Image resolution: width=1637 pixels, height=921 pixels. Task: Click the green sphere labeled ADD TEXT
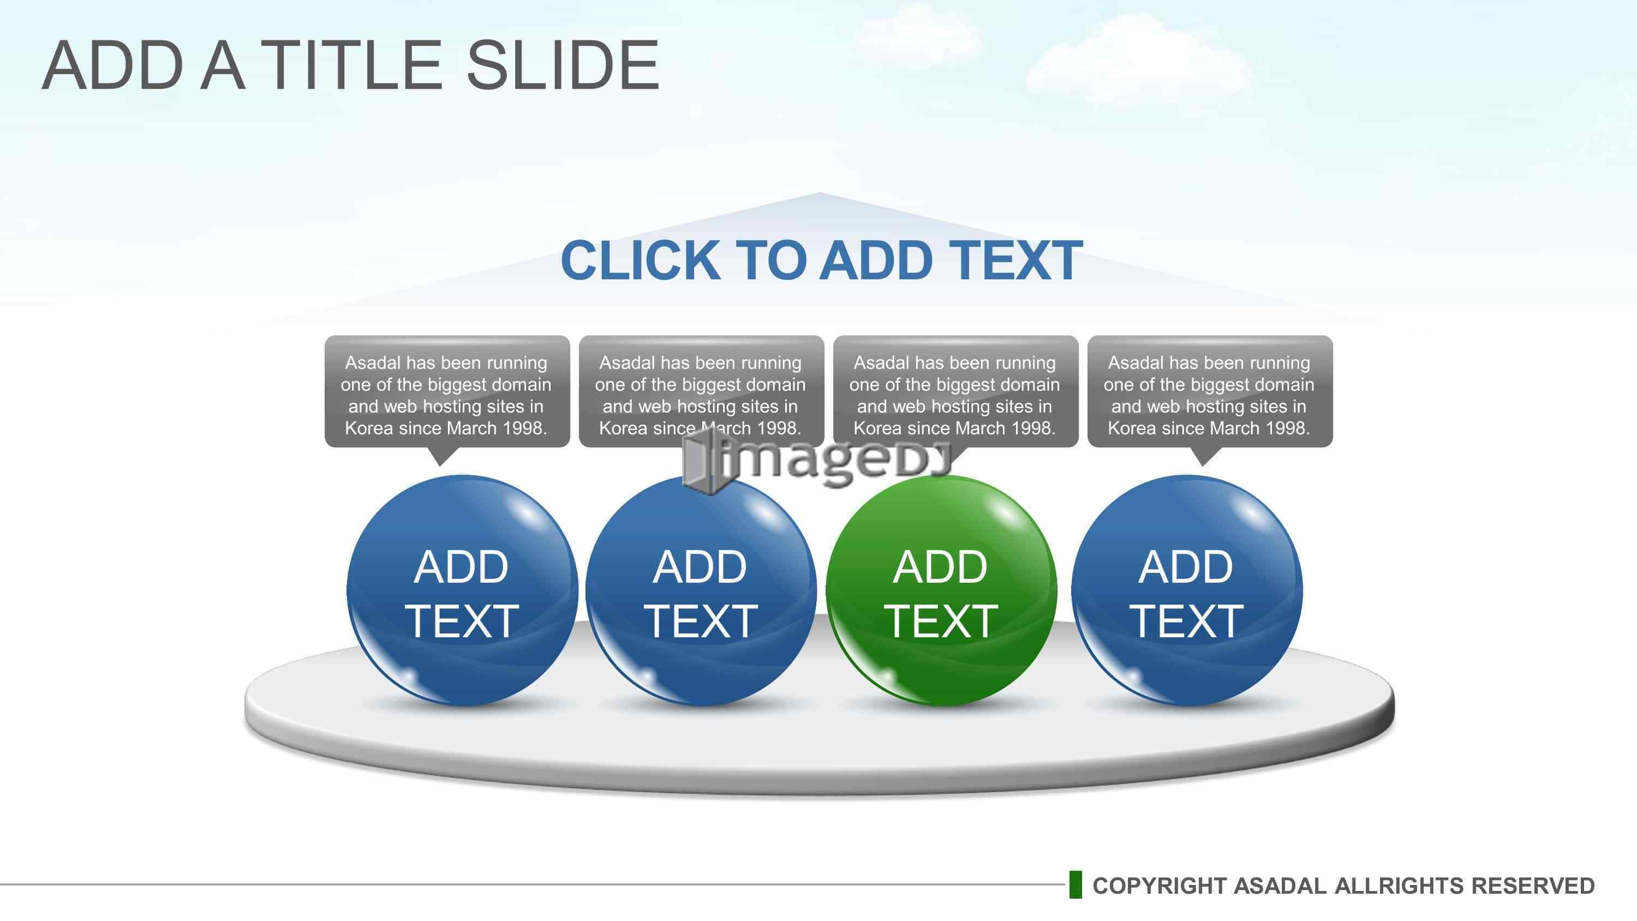click(x=941, y=591)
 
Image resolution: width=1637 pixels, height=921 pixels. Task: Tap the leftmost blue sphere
click(x=462, y=591)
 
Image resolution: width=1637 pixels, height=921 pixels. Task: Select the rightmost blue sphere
click(x=1186, y=591)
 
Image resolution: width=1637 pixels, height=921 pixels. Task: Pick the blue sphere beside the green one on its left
click(x=701, y=591)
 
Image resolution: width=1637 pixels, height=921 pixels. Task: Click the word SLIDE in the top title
click(x=563, y=65)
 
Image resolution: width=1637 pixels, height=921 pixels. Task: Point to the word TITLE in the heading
click(x=351, y=65)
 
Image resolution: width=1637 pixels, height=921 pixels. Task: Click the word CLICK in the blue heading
click(x=641, y=261)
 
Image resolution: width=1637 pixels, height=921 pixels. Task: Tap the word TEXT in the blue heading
click(x=1016, y=261)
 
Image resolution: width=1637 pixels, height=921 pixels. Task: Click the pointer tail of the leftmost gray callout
click(x=440, y=456)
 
